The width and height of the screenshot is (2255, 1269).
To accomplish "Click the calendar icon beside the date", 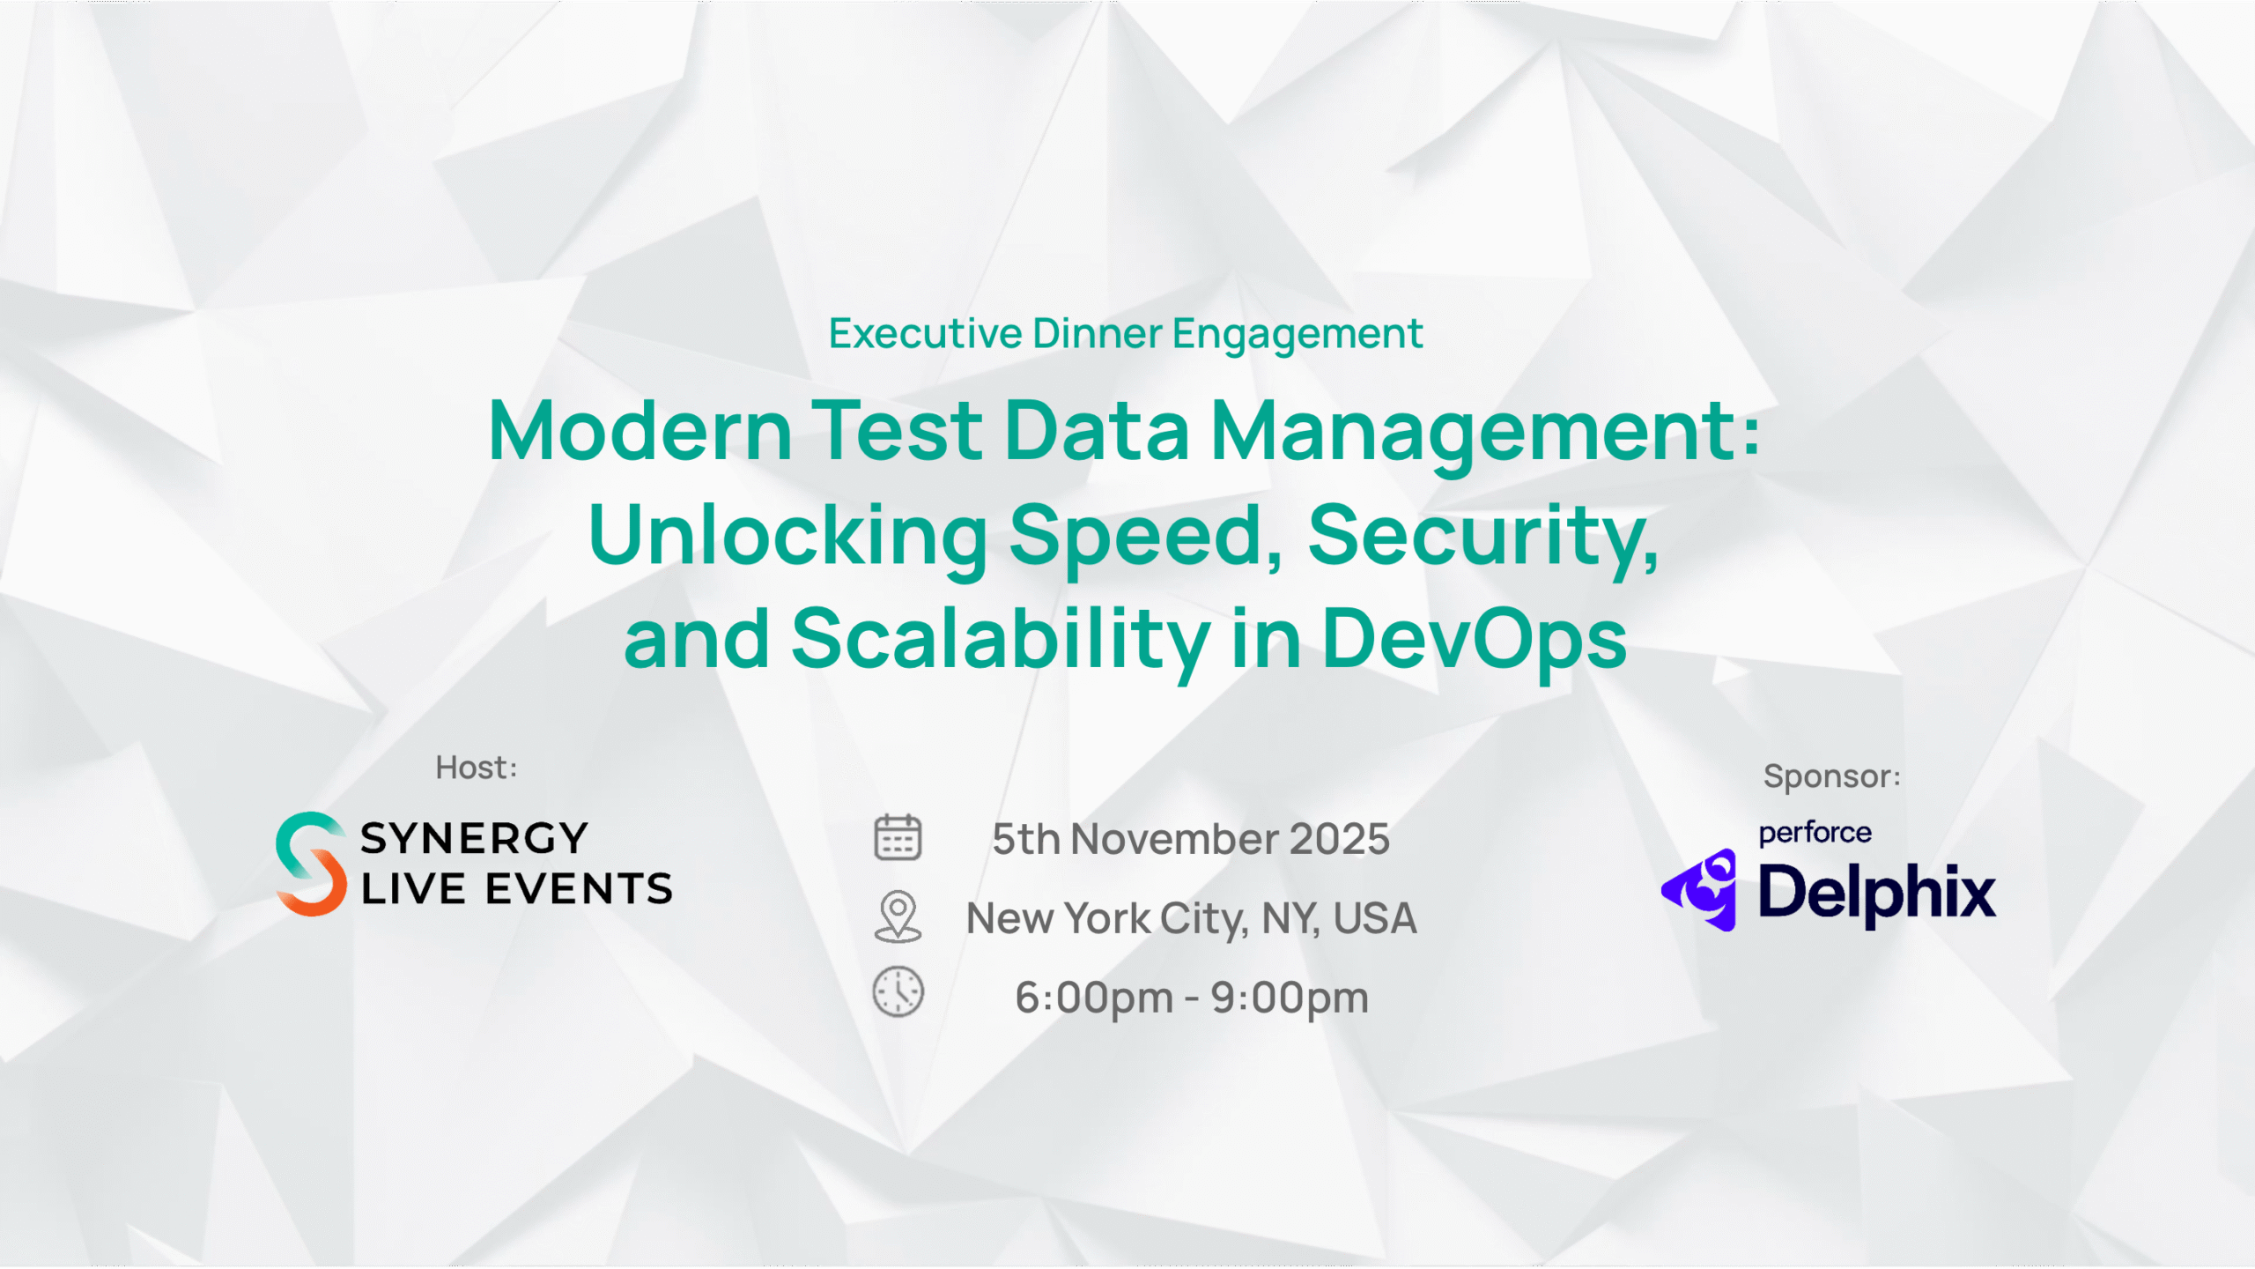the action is click(898, 837).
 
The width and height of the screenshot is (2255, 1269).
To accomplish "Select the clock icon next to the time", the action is click(898, 992).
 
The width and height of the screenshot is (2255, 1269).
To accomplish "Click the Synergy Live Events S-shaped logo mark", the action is click(310, 864).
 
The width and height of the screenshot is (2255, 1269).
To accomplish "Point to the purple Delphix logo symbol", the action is click(1700, 890).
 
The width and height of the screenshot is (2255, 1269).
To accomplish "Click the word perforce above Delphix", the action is click(1815, 833).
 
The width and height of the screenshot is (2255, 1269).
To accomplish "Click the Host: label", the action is click(477, 768).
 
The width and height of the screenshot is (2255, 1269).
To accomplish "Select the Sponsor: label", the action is click(1832, 776).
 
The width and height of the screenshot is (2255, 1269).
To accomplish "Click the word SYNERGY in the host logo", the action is click(474, 838).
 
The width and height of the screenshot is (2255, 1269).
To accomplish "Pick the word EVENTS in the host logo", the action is click(579, 888).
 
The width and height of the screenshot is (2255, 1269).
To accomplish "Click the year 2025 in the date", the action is click(1340, 839).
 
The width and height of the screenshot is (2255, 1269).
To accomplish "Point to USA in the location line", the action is click(1375, 918).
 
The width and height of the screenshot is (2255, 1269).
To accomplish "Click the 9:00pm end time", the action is click(1290, 998).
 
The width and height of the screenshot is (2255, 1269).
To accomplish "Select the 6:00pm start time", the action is click(1094, 998).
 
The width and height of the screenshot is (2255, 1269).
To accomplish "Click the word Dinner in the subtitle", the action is click(1098, 333).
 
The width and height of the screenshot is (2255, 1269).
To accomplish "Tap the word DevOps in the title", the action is click(1475, 639).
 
